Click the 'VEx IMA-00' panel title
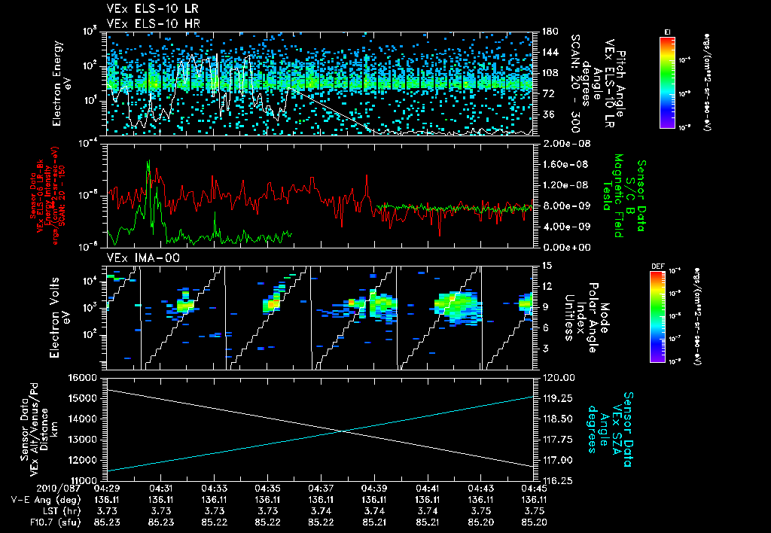(x=133, y=257)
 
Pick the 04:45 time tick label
(x=534, y=488)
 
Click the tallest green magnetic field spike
(x=148, y=161)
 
